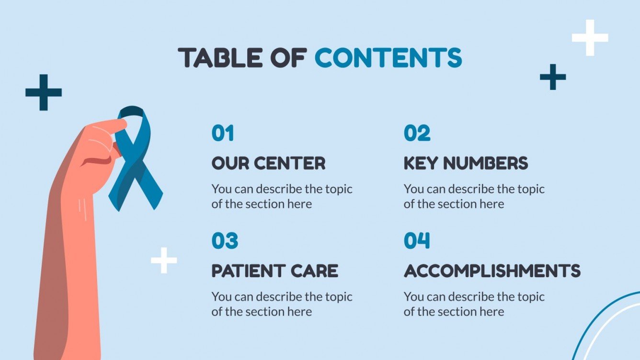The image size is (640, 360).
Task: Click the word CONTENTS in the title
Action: pyautogui.click(x=388, y=57)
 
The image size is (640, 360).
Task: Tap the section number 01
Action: pyautogui.click(x=223, y=133)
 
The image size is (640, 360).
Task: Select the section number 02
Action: pyautogui.click(x=417, y=133)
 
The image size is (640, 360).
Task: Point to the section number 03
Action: pyautogui.click(x=225, y=241)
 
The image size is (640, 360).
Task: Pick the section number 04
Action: pyautogui.click(x=417, y=241)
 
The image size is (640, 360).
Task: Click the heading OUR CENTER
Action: pyautogui.click(x=268, y=163)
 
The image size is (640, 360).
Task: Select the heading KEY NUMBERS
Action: pyautogui.click(x=466, y=163)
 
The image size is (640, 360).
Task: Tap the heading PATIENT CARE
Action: pyautogui.click(x=274, y=271)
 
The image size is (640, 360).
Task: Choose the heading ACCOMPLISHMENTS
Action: pyautogui.click(x=492, y=271)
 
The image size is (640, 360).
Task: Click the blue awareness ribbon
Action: pyautogui.click(x=137, y=163)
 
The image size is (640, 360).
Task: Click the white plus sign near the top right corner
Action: pyautogui.click(x=590, y=37)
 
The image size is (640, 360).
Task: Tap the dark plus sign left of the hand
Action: pyautogui.click(x=44, y=92)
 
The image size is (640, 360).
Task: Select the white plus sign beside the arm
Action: pyautogui.click(x=164, y=260)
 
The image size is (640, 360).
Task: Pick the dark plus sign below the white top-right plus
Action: pyautogui.click(x=553, y=77)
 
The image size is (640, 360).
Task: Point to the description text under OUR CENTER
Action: pyautogui.click(x=282, y=196)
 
